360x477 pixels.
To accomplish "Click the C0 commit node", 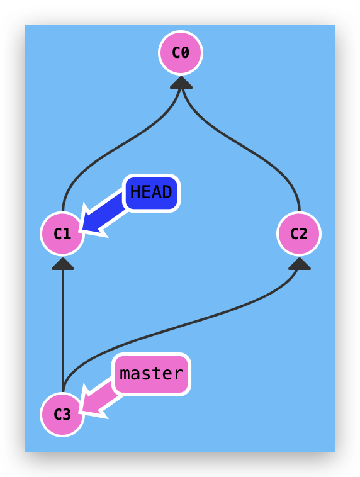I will tap(181, 53).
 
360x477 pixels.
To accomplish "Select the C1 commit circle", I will tap(62, 234).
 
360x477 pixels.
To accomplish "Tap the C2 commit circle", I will tap(299, 234).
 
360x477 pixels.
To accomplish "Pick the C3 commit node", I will tap(62, 414).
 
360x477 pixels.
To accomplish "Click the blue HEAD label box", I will tap(152, 193).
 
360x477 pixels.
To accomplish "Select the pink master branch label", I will tap(151, 374).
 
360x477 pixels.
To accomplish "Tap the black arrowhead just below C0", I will tap(181, 82).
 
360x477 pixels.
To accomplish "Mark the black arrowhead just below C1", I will tap(63, 264).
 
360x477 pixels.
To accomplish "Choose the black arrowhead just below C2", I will tap(300, 264).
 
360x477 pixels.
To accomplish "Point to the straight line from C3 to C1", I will tap(63, 327).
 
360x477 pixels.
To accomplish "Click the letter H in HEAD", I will tap(135, 192).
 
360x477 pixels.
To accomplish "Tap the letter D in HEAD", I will tap(167, 192).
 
